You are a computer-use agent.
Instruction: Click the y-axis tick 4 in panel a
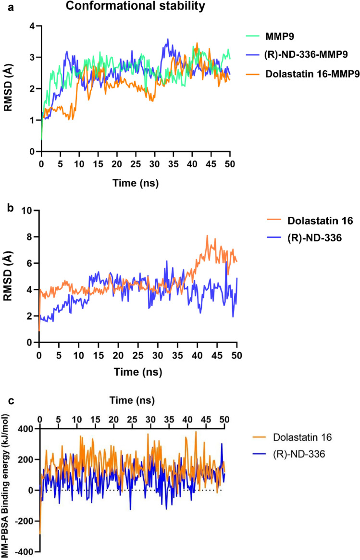click(33, 26)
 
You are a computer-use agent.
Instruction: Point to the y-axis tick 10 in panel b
click(29, 211)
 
